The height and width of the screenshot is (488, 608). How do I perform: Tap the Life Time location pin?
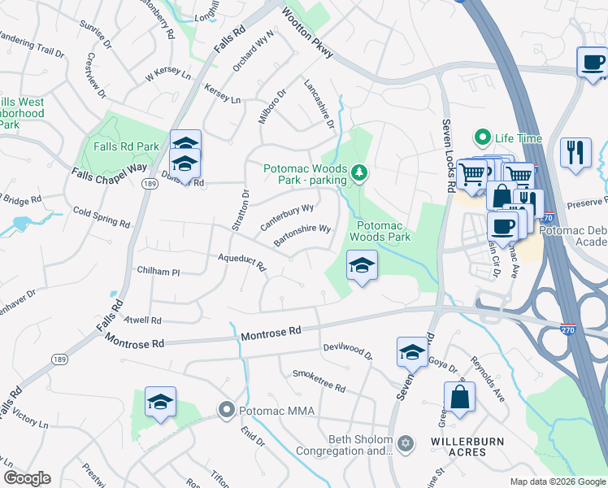[483, 138]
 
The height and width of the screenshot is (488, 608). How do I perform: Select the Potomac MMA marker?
[228, 411]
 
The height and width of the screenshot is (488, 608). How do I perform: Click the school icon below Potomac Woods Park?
[362, 265]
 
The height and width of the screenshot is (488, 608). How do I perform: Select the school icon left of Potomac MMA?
[160, 402]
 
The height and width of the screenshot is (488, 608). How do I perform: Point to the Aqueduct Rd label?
[242, 261]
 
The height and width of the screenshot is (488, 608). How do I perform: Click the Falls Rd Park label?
[126, 146]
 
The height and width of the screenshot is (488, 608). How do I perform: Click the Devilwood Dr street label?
[347, 351]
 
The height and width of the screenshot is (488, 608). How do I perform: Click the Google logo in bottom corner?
[27, 478]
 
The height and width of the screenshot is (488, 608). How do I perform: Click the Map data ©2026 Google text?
[558, 481]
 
